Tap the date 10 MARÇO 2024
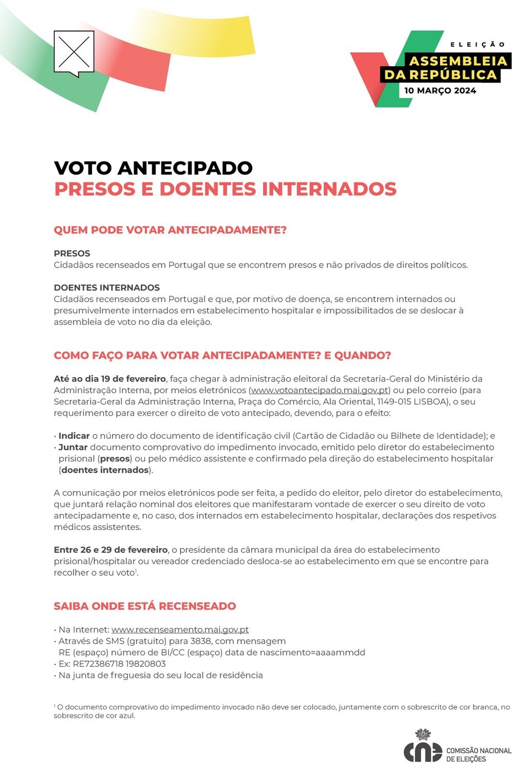[x=440, y=91]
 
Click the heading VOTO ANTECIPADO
[x=153, y=168]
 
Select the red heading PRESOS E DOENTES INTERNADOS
[x=225, y=189]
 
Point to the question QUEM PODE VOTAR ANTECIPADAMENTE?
[x=170, y=230]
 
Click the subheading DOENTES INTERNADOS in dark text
[x=106, y=288]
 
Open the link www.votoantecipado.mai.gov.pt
[x=319, y=390]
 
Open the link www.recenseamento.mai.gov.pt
[x=180, y=629]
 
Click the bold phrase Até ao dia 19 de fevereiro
[x=110, y=379]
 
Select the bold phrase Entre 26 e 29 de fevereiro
[x=111, y=550]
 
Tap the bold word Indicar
[x=74, y=435]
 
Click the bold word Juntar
[x=73, y=447]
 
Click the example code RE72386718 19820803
[x=112, y=664]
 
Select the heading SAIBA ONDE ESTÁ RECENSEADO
[x=145, y=606]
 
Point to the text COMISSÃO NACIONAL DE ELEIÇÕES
[x=478, y=754]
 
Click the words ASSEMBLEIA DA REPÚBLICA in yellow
[x=445, y=68]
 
